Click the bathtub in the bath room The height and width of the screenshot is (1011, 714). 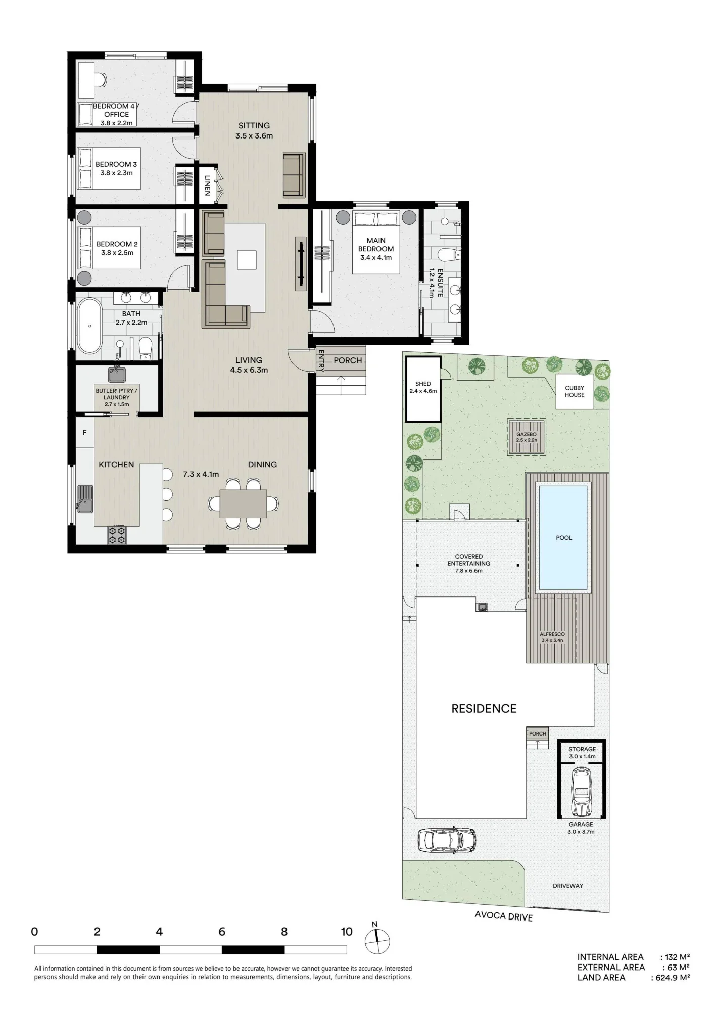89,326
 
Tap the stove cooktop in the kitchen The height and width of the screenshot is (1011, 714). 117,535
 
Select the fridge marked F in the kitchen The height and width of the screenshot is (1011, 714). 85,432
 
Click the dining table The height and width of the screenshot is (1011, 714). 243,503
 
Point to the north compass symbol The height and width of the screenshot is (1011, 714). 377,941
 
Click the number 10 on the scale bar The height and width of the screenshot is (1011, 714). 347,932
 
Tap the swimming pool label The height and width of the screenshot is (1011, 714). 564,538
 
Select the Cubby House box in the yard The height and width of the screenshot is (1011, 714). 575,392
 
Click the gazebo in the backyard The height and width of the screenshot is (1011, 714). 527,437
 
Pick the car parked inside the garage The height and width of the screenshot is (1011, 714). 581,792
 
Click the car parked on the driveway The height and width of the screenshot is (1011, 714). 447,840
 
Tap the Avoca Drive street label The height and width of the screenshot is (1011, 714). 504,916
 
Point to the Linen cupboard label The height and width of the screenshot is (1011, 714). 207,185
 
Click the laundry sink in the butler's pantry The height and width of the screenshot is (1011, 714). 117,375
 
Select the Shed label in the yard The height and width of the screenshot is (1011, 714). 423,384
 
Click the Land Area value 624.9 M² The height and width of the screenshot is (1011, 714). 673,978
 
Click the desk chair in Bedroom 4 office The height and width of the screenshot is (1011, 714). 101,79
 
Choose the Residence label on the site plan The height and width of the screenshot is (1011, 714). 484,709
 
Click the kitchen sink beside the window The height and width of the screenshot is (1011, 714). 85,499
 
